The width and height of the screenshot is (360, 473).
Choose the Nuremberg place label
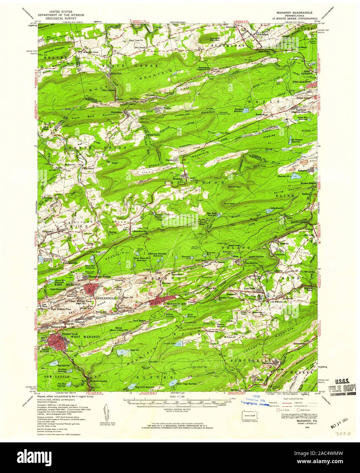coord(116,112)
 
